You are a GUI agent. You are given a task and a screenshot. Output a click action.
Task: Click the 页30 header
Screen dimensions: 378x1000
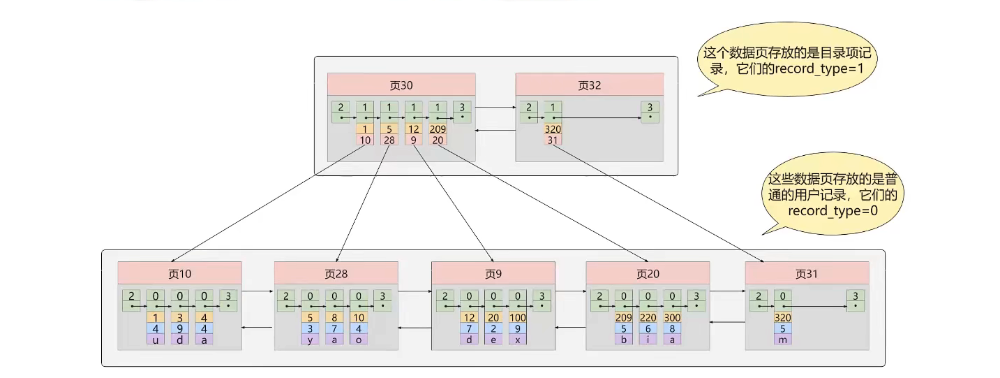[x=401, y=85]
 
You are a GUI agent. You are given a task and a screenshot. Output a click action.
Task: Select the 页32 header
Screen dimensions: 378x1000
[x=589, y=85]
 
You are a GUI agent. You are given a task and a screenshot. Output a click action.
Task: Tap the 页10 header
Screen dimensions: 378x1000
[x=179, y=272]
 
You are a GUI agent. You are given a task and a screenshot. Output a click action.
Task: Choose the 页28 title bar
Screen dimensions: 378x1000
[x=336, y=272]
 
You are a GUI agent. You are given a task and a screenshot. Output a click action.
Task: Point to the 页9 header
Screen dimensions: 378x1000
[x=493, y=272]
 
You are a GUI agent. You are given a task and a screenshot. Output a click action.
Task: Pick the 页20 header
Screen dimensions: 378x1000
[x=648, y=272]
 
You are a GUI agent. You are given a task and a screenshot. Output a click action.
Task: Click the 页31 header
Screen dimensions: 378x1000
[x=807, y=272]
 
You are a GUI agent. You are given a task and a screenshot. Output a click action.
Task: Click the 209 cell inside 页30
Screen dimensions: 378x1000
[x=438, y=129]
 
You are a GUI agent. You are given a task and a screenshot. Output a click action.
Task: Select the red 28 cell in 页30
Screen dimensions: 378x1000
[x=389, y=140]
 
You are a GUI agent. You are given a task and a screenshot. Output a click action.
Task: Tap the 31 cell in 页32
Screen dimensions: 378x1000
[x=553, y=140]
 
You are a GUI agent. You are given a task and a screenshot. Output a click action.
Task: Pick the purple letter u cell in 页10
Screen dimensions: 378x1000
[x=156, y=339]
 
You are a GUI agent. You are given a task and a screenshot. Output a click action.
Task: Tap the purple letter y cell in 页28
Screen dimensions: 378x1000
[x=311, y=339]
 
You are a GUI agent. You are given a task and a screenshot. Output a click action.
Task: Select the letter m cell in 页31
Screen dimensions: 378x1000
[x=782, y=339]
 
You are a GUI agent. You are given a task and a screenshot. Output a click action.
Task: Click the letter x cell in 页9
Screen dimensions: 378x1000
[x=517, y=339]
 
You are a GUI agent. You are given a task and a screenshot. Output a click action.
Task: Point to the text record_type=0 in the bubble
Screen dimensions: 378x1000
[x=833, y=210]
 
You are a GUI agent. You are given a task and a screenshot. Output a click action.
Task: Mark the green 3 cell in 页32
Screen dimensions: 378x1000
[x=650, y=110]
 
